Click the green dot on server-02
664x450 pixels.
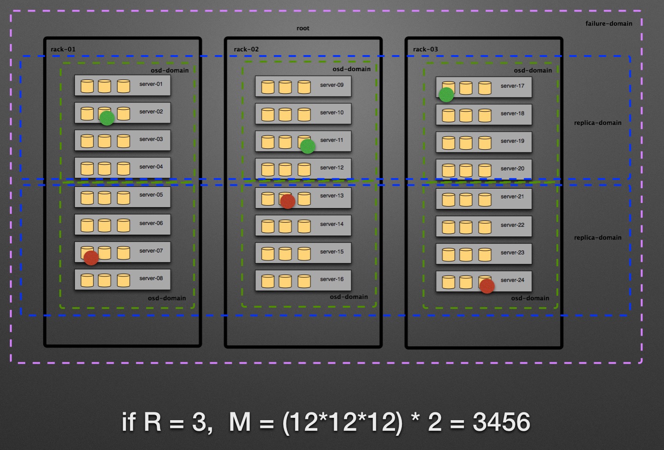[x=107, y=118]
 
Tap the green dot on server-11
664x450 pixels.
[x=308, y=146]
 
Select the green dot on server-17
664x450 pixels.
[x=446, y=95]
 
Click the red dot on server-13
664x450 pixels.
[x=287, y=201]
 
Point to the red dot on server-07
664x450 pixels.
[x=91, y=258]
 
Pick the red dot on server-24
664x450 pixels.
[x=487, y=286]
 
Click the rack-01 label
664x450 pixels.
[x=63, y=49]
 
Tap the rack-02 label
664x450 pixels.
[x=246, y=49]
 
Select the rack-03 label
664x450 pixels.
[x=425, y=49]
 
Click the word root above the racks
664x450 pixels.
[x=303, y=28]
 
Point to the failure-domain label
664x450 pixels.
[x=609, y=23]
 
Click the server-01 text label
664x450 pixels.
[x=151, y=84]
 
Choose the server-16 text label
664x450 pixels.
[x=332, y=279]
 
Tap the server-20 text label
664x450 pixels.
[x=513, y=169]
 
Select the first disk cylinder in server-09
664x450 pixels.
[x=268, y=87]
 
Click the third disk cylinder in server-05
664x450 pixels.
[x=124, y=198]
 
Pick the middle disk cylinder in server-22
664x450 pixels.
[x=466, y=227]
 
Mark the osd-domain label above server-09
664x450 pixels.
[x=352, y=69]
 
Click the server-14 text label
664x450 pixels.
[x=332, y=224]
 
